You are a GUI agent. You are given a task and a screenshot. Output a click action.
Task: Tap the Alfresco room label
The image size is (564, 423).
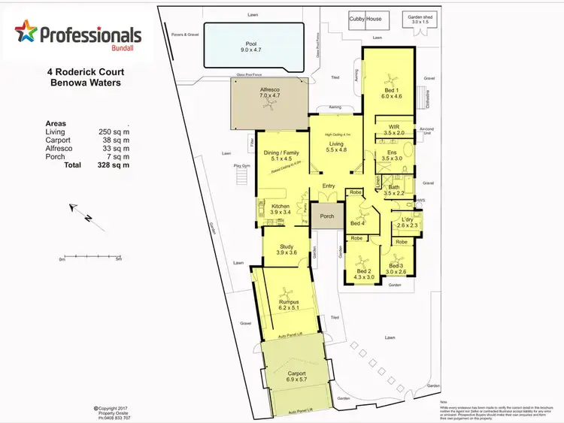coord(269,89)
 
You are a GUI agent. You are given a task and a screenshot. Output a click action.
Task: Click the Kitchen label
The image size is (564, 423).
coord(280,206)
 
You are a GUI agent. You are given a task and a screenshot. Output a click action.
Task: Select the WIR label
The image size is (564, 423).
coord(393,127)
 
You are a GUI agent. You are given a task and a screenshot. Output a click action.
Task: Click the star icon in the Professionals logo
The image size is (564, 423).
coord(26,33)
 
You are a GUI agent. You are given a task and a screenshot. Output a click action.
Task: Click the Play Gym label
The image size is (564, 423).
coord(241,165)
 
